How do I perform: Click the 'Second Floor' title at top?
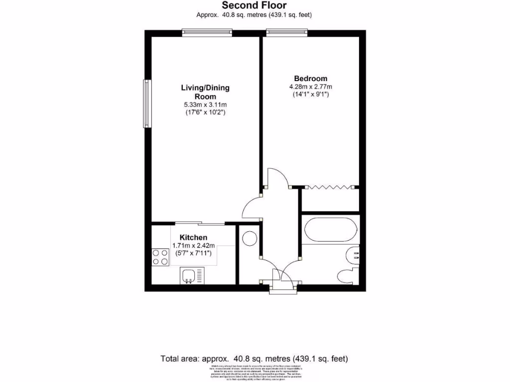click(x=254, y=5)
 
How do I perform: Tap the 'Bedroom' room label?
click(x=310, y=79)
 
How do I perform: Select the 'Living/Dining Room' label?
click(x=205, y=92)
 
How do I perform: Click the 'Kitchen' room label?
click(x=193, y=238)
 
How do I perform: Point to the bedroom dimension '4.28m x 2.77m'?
click(x=310, y=87)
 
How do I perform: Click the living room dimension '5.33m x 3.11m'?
click(x=205, y=104)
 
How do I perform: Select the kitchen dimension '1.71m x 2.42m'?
click(x=193, y=246)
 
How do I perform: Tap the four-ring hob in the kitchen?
click(x=160, y=257)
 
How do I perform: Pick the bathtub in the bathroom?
click(x=329, y=229)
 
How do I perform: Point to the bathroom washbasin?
click(x=353, y=255)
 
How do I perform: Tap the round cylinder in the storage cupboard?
click(x=249, y=238)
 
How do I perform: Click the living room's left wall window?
click(x=147, y=103)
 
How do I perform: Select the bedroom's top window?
click(x=286, y=33)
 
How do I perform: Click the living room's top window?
click(x=207, y=33)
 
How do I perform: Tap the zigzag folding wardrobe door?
click(x=329, y=187)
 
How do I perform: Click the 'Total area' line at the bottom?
click(x=254, y=358)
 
